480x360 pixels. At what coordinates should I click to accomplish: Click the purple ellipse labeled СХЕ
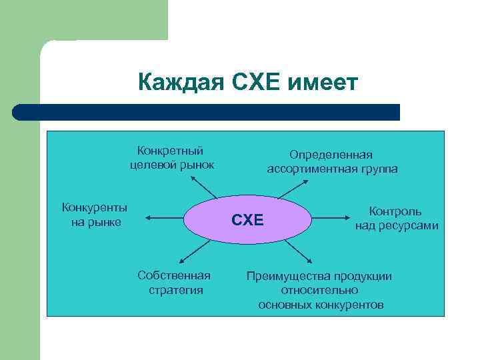(x=248, y=219)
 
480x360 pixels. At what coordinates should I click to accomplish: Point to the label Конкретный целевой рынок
(x=171, y=157)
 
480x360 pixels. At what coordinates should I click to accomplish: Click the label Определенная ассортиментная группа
(x=332, y=162)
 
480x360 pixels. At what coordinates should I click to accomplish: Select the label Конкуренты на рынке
(x=95, y=214)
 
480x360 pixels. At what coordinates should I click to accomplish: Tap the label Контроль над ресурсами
(x=396, y=218)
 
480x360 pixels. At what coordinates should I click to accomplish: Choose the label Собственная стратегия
(x=175, y=283)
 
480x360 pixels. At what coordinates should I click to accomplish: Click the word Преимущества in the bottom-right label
(x=291, y=276)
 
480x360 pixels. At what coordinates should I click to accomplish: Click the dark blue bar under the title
(x=207, y=112)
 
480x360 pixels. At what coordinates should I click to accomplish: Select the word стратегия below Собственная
(x=175, y=291)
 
